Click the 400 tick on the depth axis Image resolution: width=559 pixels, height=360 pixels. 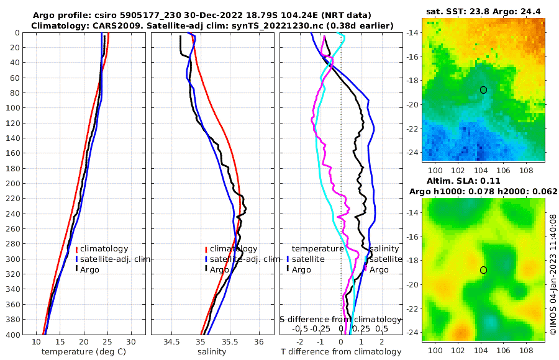12,335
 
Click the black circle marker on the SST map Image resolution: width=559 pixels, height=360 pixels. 483,90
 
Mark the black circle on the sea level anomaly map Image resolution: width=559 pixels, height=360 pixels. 483,270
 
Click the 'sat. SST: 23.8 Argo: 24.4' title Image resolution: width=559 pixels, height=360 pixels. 483,12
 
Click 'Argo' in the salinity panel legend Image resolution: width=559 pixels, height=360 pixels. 219,269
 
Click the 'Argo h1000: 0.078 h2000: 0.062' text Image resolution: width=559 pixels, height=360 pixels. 483,191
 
